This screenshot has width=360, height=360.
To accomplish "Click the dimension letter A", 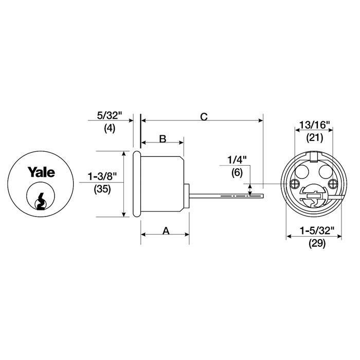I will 166,231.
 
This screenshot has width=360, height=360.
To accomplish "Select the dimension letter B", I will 161,139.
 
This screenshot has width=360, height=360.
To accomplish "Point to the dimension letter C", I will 203,117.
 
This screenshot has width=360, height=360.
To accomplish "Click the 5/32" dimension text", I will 109,118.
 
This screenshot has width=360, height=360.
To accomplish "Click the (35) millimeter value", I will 102,189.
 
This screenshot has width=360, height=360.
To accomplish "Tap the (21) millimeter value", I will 314,137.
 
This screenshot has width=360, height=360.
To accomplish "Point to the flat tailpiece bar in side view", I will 226,195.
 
